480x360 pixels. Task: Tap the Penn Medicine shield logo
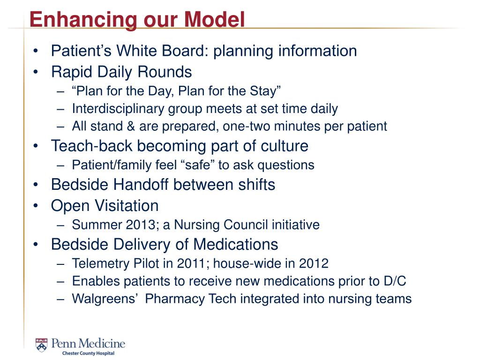[x=41, y=345]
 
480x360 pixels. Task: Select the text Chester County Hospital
[x=88, y=353]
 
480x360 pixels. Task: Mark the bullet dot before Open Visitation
[x=36, y=206]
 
